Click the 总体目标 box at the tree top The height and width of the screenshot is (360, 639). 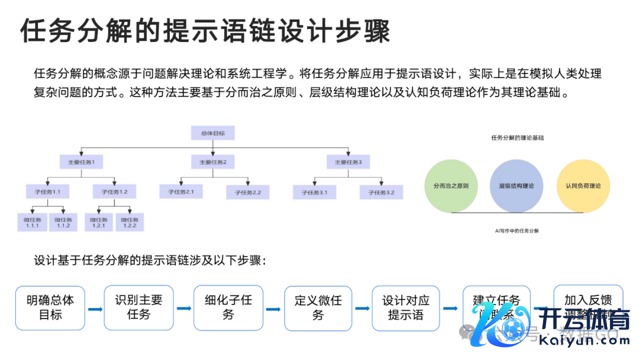[212, 133]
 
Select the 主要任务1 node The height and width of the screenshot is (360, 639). [82, 162]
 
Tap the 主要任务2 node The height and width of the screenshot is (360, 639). [213, 162]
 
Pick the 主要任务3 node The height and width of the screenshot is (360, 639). [348, 162]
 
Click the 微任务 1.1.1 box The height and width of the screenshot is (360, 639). [32, 221]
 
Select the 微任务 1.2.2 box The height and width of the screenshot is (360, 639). [130, 221]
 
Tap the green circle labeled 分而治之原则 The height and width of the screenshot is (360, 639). [451, 186]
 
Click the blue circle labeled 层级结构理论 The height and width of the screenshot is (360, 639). [517, 186]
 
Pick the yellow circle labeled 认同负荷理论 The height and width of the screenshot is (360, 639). [583, 186]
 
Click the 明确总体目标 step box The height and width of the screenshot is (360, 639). [50, 308]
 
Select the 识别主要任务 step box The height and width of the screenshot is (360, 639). [138, 308]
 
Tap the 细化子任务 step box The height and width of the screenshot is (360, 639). [228, 308]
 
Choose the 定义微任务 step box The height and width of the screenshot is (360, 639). [318, 308]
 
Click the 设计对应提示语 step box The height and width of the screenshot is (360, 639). [406, 308]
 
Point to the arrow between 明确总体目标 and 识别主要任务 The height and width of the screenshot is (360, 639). [95, 308]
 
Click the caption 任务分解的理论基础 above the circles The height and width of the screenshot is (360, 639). [517, 137]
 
